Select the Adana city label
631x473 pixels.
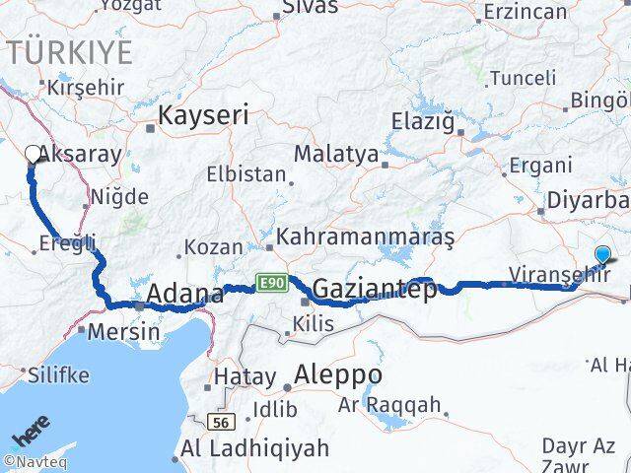184,294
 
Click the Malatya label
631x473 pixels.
337,154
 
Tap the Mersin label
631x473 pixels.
123,331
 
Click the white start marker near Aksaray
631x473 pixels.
33,154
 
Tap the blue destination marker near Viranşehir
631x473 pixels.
603,254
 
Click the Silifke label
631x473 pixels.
58,375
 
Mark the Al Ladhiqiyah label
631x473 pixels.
254,449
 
